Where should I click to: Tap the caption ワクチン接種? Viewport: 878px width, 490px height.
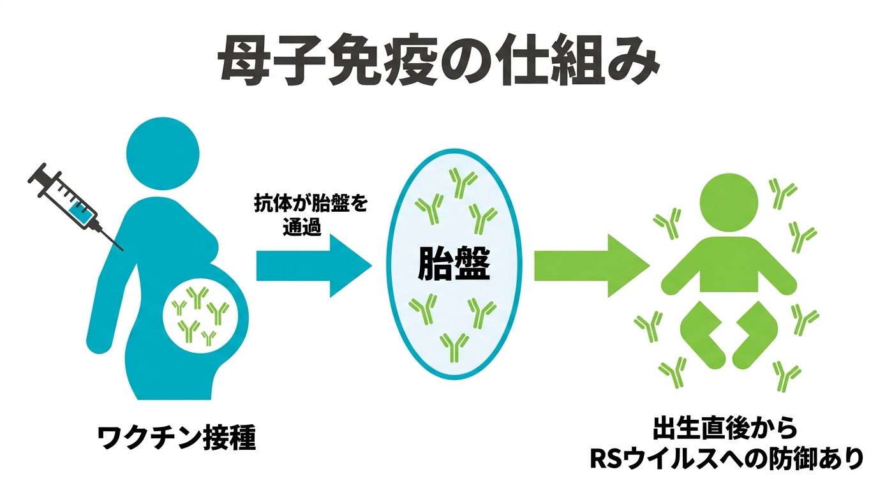177,438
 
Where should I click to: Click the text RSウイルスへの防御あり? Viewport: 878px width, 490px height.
725,458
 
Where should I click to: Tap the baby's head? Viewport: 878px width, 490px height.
728,198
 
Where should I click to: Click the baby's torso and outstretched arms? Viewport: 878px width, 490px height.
728,268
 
